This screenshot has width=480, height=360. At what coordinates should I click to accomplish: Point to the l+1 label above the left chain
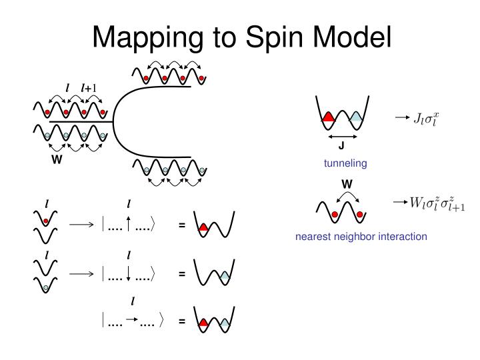pos(89,87)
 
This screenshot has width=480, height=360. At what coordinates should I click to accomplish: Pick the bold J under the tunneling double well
pos(341,147)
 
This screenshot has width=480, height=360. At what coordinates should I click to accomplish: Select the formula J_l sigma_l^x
pos(427,119)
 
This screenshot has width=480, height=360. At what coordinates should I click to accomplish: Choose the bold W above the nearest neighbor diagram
pos(346,183)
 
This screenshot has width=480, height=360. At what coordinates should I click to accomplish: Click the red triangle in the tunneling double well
pos(327,117)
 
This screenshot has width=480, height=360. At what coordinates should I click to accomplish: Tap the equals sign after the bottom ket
pos(181,322)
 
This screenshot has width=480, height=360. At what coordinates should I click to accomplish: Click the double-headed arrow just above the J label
pos(341,136)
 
